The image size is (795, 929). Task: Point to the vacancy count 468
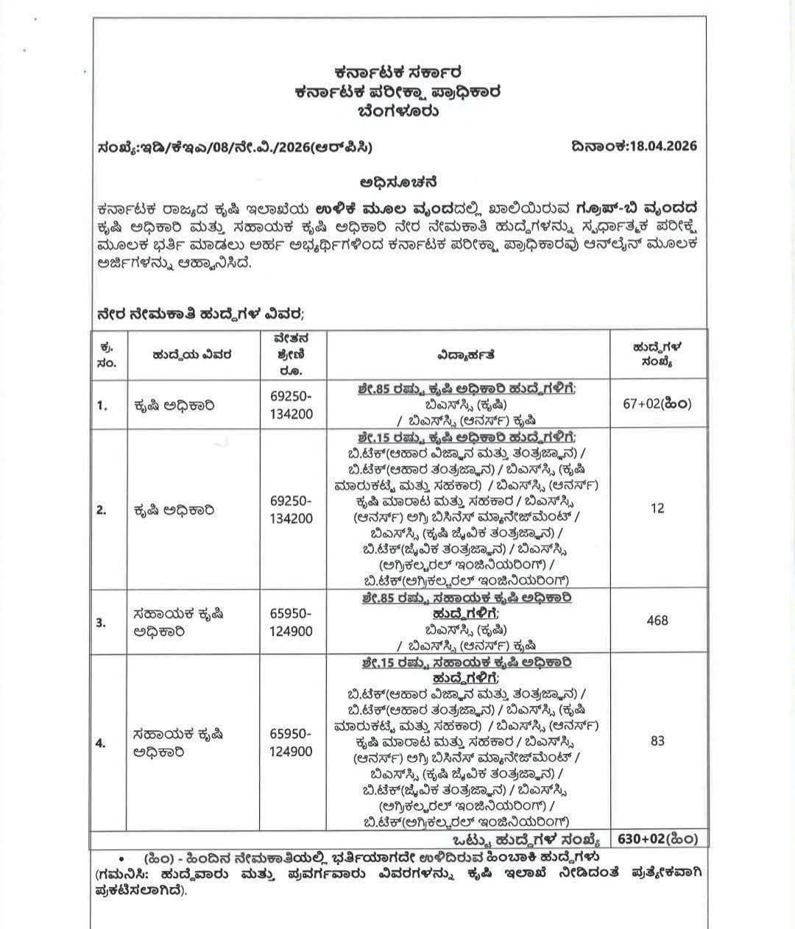657,621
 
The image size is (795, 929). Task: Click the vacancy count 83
657,741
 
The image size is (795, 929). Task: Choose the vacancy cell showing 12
657,508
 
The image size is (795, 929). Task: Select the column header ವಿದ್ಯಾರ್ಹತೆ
463,355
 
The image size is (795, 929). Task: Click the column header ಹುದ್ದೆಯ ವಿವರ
193,355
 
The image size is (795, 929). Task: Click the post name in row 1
174,405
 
